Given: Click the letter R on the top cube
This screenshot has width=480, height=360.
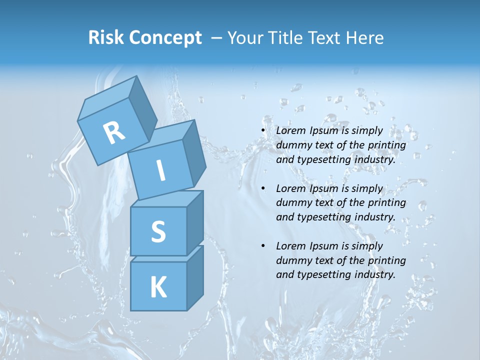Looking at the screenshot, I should point(114,132).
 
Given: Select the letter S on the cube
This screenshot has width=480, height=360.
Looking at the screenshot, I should point(158,232).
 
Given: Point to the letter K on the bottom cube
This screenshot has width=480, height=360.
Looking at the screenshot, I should point(158,287).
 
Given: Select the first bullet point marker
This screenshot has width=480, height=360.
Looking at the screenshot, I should point(263,131).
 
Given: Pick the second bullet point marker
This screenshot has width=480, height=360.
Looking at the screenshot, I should point(263,189).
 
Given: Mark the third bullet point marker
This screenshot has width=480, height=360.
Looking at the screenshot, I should point(263,246).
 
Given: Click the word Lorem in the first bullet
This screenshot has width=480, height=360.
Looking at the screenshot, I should point(290,131).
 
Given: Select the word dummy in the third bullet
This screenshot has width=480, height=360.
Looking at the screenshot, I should point(292,260).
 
